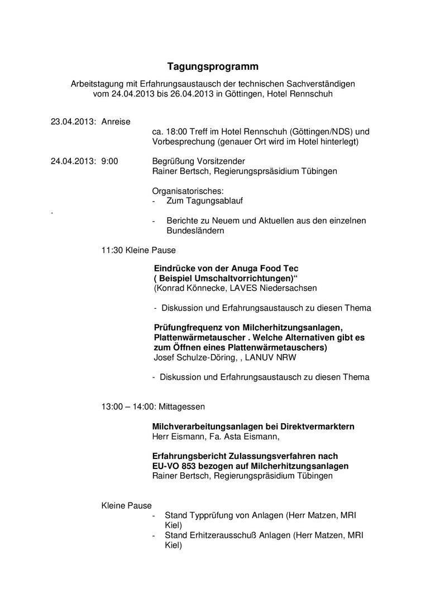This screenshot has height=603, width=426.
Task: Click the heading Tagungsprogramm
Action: pos(213,67)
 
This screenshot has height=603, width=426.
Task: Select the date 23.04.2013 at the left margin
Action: pos(73,121)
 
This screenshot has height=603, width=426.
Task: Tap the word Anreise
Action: pos(116,121)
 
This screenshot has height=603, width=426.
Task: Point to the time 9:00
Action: pos(109,161)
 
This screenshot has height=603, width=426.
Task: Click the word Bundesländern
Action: pos(195,230)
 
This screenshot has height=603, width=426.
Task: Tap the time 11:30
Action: pos(112,251)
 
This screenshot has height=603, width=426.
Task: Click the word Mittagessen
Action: pos(182,406)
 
